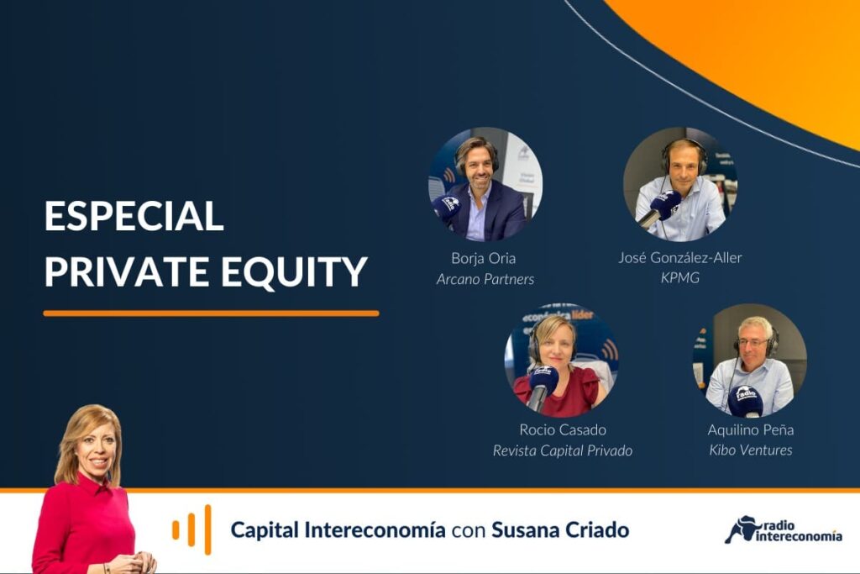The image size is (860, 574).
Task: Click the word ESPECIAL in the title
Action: click(134, 216)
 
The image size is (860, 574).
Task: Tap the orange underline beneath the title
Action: click(211, 313)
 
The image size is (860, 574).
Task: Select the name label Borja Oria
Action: click(483, 258)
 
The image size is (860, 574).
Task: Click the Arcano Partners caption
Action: click(485, 279)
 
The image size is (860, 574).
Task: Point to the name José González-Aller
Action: click(680, 257)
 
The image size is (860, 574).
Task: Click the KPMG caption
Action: click(680, 277)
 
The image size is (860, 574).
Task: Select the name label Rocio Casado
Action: click(563, 429)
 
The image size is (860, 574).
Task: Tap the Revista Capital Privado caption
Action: click(562, 450)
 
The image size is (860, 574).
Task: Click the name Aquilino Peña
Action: click(750, 429)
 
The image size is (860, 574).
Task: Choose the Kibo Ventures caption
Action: click(750, 450)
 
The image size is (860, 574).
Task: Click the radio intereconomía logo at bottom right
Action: click(784, 530)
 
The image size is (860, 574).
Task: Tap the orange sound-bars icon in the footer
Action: click(191, 529)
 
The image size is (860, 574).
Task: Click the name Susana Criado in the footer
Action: click(560, 530)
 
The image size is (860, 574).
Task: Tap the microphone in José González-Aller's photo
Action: click(660, 208)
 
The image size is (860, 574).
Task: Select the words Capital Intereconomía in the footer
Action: click(338, 530)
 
